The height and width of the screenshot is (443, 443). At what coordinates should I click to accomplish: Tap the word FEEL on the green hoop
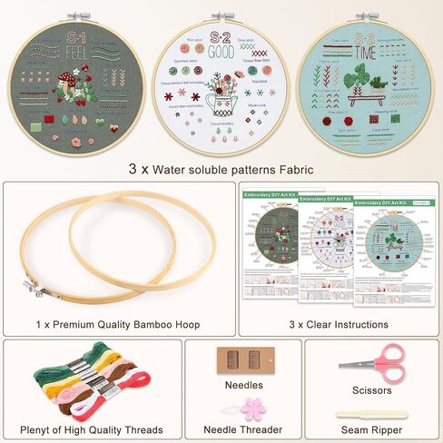[x=49, y=53]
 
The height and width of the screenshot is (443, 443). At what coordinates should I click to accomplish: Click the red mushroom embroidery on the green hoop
[x=67, y=86]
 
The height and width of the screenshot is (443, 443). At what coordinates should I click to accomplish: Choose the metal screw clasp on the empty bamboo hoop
[x=34, y=289]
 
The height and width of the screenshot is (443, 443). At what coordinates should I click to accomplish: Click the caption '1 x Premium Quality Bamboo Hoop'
[x=119, y=323]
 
